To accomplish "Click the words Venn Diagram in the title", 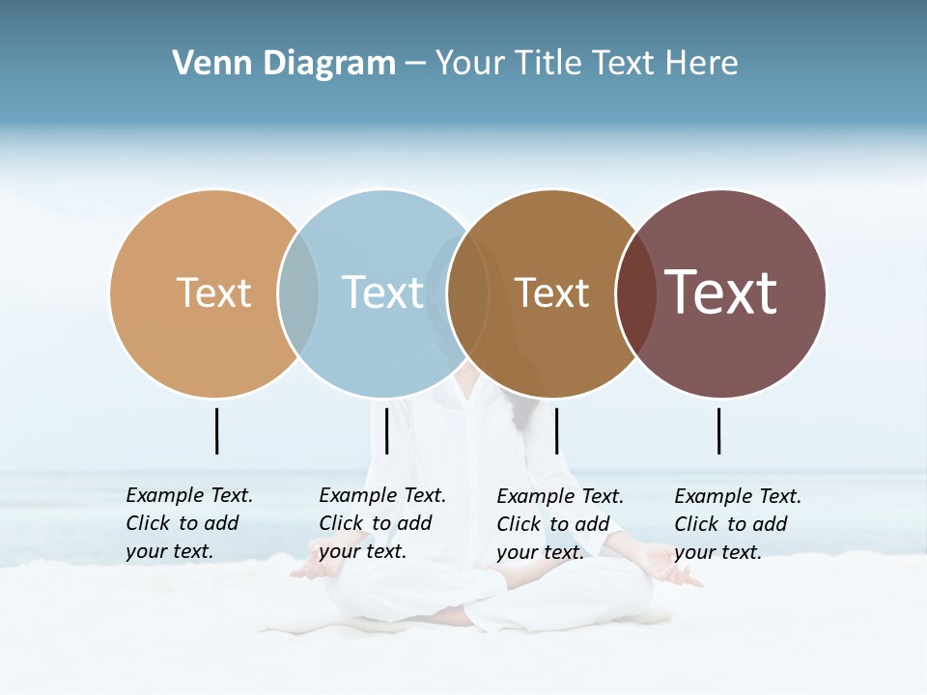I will (284, 64).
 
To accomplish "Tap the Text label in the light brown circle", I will (213, 292).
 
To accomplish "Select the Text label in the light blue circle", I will (382, 292).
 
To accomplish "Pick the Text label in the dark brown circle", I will (551, 292).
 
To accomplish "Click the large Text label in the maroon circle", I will (721, 292).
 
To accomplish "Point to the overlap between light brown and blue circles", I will (298, 293).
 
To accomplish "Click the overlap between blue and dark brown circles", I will (468, 293).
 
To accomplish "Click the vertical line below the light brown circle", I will (216, 431).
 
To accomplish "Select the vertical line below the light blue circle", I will (386, 431).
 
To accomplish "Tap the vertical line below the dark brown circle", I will (556, 431).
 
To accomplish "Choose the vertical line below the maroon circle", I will (718, 431).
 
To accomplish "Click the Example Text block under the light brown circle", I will (189, 523).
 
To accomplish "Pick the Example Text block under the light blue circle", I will (382, 523).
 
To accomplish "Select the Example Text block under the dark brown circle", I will (560, 524).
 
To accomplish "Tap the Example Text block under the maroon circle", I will (738, 524).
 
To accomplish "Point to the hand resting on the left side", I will (314, 570).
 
